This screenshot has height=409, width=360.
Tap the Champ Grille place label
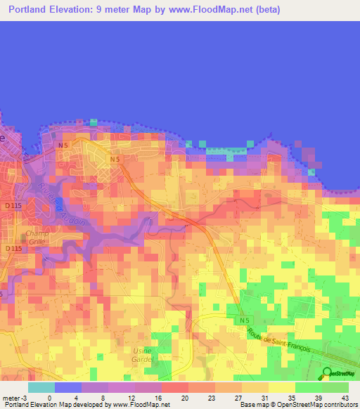pos(37,238)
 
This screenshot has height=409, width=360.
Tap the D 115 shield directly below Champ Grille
pos(13,249)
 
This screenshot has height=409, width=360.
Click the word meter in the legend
pos(10,397)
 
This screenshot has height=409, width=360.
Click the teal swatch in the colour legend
pos(41,387)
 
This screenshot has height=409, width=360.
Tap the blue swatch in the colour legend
pos(68,387)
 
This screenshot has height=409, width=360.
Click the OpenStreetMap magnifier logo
pos(328,373)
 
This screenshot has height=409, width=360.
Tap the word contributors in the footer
pos(338,405)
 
